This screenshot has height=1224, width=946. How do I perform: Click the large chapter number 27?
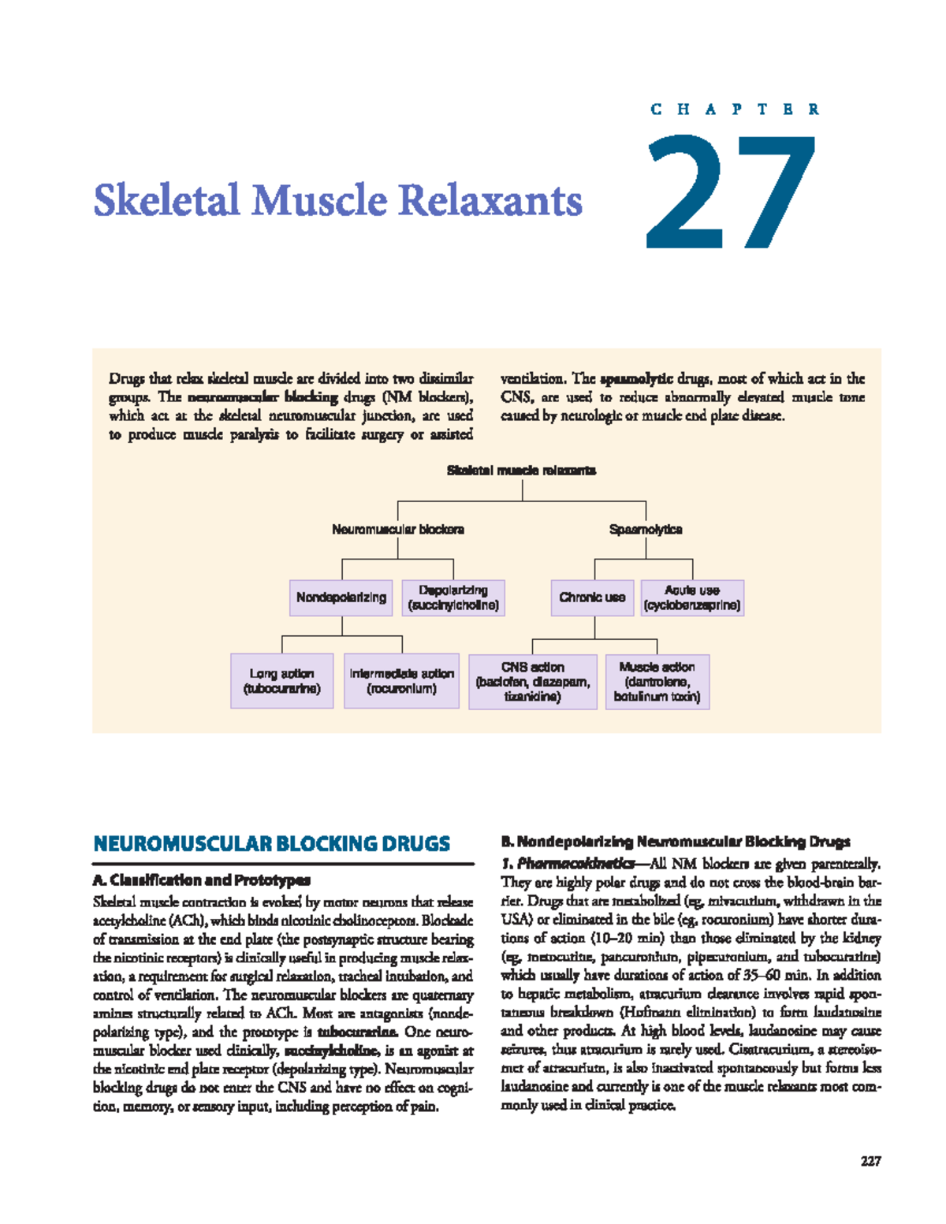coord(732,192)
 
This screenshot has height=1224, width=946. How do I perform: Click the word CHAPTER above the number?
coord(735,110)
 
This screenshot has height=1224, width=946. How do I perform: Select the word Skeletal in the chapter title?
coord(166,200)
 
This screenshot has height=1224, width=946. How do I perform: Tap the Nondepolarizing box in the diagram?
coord(341,597)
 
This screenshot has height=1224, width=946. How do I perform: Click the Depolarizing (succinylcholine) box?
coord(453,597)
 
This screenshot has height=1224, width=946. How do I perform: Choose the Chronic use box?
coord(592,597)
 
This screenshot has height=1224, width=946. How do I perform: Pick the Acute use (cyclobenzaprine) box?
coord(692,597)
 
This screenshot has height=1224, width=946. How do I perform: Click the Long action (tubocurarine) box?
coord(282,681)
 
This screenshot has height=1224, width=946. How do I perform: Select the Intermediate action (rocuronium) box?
coord(402,681)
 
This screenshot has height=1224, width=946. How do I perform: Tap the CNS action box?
coord(533,682)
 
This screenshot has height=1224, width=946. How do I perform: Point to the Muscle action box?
coord(657,682)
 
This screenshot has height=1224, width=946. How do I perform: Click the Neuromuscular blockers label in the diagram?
coord(398,530)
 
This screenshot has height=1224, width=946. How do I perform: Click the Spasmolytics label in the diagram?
coord(646,530)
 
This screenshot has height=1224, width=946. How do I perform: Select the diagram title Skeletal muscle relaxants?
coord(522,471)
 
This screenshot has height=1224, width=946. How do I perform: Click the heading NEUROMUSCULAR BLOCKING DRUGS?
coord(272,844)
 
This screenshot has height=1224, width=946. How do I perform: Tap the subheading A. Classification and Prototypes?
coord(202,880)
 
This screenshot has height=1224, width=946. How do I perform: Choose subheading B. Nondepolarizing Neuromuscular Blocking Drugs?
coord(676,842)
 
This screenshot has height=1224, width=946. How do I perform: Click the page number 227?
coord(870,1161)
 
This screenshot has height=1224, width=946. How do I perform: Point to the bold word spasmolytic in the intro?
coord(636,378)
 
